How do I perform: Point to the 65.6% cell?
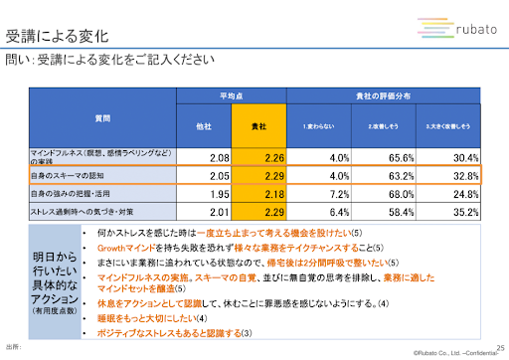398,157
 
